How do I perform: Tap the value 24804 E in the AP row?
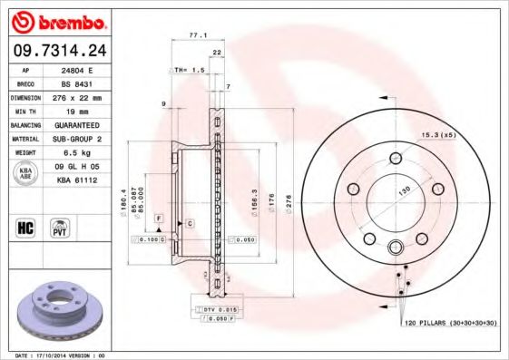click(86, 69)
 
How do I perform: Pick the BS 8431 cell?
click(86, 83)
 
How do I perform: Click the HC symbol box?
click(25, 227)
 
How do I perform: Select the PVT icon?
click(60, 227)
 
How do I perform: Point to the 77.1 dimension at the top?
click(197, 34)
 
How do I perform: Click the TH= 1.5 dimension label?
click(189, 70)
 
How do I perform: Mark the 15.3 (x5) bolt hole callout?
click(436, 136)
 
